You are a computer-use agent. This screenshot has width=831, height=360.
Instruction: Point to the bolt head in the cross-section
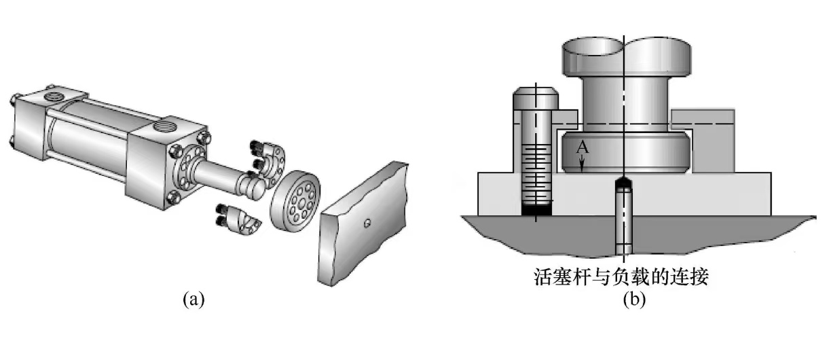tap(536, 98)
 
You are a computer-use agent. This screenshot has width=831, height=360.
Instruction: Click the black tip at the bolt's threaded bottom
tap(536, 211)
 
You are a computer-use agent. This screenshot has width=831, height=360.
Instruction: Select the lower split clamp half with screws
tap(237, 218)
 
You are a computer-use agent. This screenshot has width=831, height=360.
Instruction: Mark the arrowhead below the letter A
tap(583, 162)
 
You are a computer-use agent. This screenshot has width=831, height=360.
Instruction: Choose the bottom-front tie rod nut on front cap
tap(173, 198)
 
